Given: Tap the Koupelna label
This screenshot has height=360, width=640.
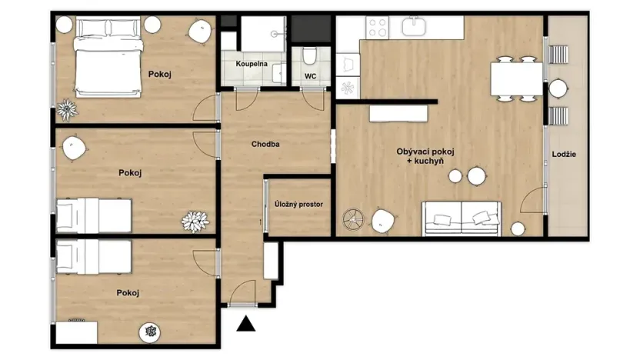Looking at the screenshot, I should point(252,63).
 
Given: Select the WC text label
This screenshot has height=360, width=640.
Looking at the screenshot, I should point(311,76).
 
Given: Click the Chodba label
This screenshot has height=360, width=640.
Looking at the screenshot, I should point(265,144).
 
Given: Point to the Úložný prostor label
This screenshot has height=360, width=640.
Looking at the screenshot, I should point(298,205).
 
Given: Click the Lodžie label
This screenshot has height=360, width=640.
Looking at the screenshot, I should point(564,155).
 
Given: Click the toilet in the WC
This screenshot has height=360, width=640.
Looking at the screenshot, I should point(310,56).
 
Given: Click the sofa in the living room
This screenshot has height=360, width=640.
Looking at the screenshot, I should point(462,218).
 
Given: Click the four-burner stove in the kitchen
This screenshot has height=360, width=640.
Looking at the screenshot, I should point(377,28).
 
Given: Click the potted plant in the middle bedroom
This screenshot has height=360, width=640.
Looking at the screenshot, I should point(195,221).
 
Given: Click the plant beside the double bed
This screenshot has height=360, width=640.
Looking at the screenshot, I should point(67,110).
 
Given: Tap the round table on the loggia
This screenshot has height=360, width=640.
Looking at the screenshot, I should point(558,89).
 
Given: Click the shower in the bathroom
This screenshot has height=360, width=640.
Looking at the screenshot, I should point(263,33).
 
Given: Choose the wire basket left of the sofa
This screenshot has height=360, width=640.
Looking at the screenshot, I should point(353,219).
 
